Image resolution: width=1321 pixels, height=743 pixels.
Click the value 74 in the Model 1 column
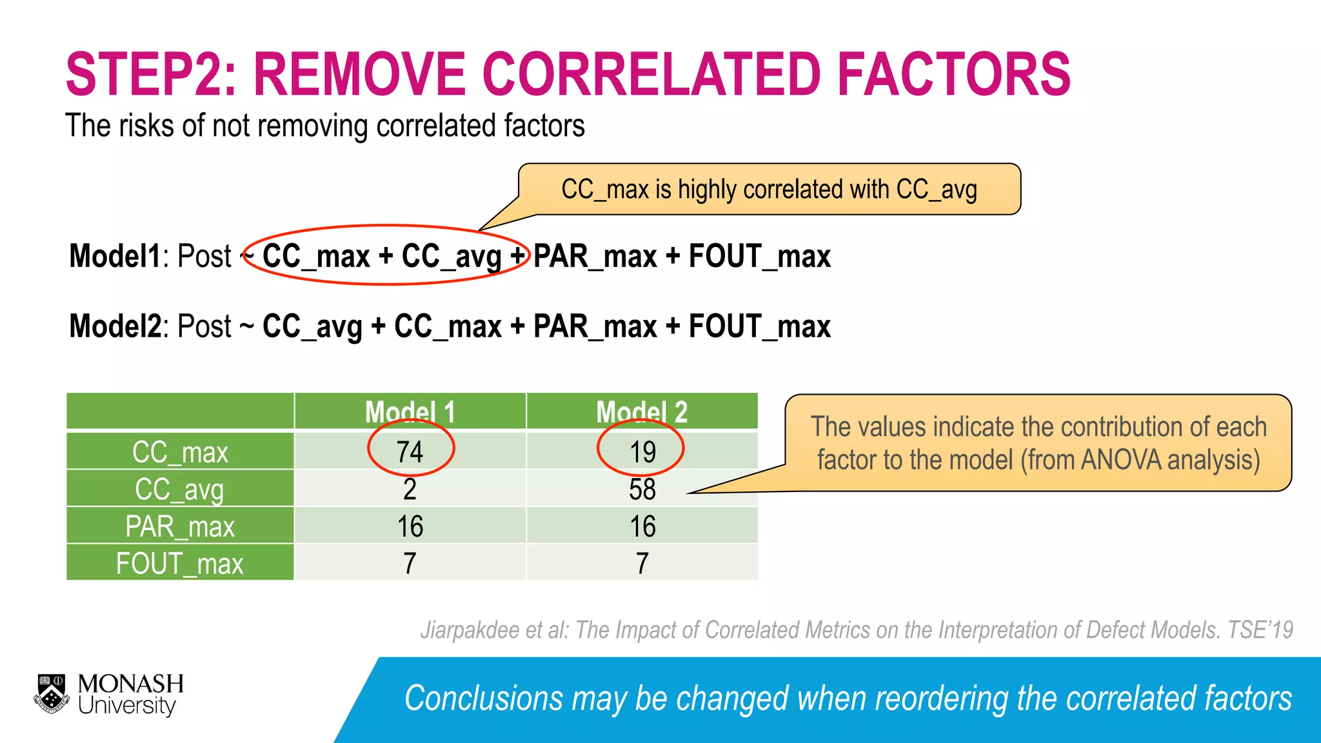pyautogui.click(x=410, y=451)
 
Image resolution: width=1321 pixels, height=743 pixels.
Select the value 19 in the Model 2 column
pyautogui.click(x=642, y=451)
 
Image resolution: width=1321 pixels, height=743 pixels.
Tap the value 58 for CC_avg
pyautogui.click(x=642, y=489)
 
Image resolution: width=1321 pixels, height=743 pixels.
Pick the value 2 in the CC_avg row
pyautogui.click(x=410, y=489)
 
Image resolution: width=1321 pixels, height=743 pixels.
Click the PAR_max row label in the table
pyautogui.click(x=180, y=526)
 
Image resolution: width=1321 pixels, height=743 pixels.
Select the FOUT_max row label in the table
pyautogui.click(x=180, y=563)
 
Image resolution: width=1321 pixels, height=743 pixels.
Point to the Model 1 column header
pyautogui.click(x=410, y=411)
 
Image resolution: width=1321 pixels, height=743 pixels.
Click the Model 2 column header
pyautogui.click(x=642, y=411)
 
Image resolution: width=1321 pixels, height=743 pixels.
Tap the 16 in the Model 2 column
pyautogui.click(x=642, y=526)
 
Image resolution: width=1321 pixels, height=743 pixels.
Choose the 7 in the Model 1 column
pyautogui.click(x=410, y=563)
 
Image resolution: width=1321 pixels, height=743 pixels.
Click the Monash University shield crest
pyautogui.click(x=52, y=694)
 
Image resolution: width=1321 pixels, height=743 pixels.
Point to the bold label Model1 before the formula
pyautogui.click(x=115, y=256)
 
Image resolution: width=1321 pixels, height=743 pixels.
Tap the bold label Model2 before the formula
pyautogui.click(x=115, y=326)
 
